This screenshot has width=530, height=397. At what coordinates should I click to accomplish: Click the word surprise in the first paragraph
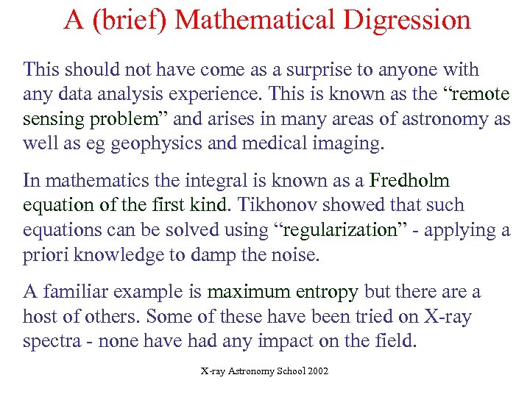(x=314, y=71)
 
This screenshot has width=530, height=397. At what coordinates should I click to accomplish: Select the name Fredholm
(x=409, y=180)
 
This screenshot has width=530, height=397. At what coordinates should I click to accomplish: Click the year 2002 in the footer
(x=317, y=372)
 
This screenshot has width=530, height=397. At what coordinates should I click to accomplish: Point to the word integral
(x=224, y=181)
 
